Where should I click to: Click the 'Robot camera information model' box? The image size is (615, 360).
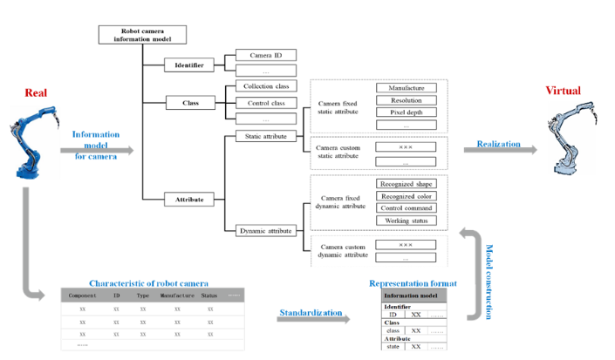pos(142,35)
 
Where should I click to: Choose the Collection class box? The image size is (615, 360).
pos(266,86)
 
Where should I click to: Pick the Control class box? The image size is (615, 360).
pos(266,102)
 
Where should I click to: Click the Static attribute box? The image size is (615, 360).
pos(266,137)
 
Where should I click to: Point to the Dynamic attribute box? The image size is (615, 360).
pos(266,230)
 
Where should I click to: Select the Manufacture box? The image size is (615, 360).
pos(406,88)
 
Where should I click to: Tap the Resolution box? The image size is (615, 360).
pos(406,101)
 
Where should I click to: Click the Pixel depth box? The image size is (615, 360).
pos(406,113)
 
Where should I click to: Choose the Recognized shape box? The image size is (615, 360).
pos(406,184)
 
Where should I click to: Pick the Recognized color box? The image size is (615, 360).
pos(406,196)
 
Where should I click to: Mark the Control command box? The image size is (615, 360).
pos(406,208)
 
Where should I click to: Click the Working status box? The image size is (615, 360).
pos(406,221)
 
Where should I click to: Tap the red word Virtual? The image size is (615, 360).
pos(563,91)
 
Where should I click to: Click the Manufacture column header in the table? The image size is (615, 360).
pos(176,295)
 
